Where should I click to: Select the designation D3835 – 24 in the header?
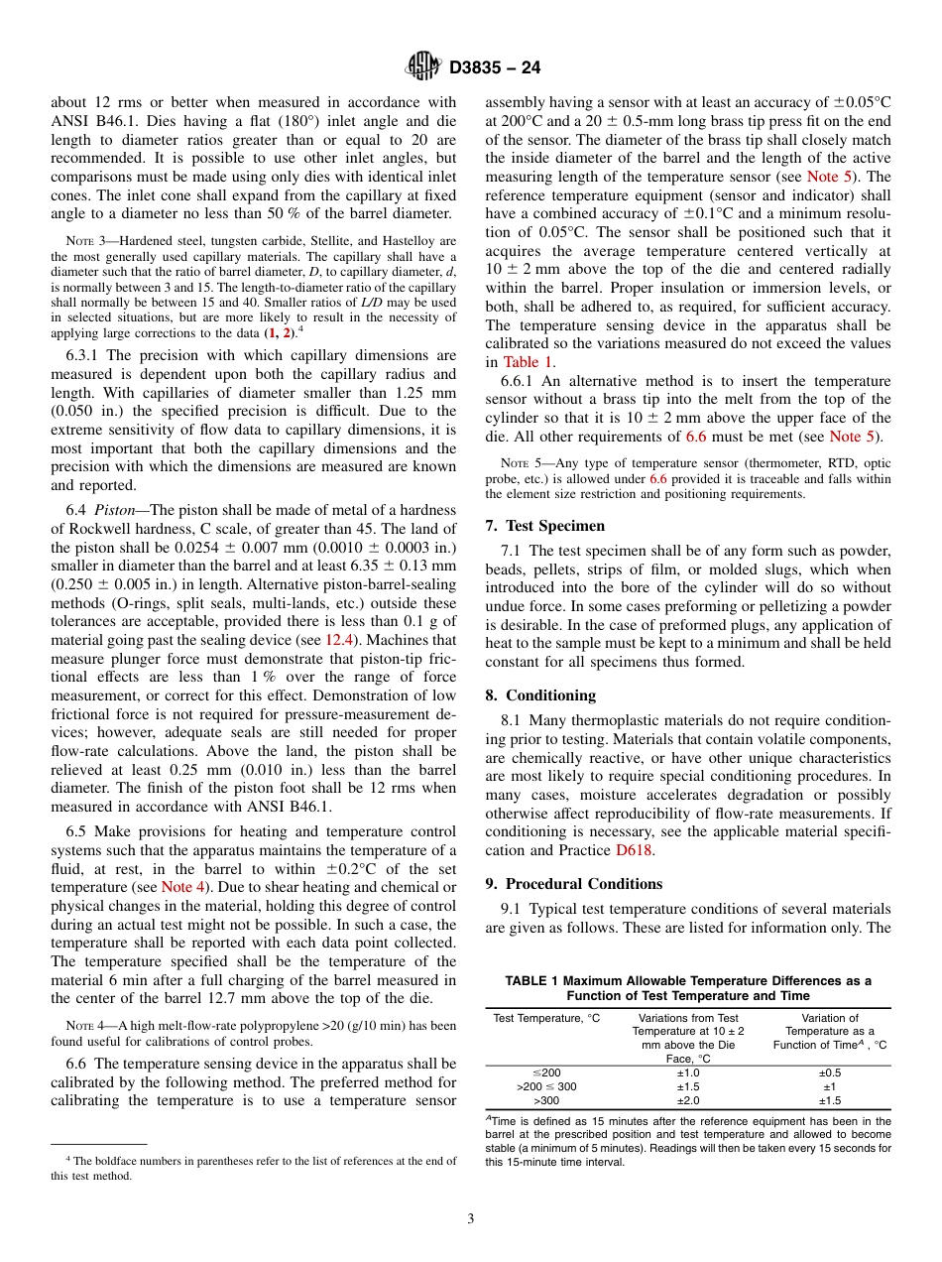point(495,68)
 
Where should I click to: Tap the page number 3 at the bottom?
point(471,1219)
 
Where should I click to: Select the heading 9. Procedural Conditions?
point(574,884)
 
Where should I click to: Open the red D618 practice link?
point(635,850)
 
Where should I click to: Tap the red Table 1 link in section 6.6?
point(529,362)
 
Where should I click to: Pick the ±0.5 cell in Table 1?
point(829,1073)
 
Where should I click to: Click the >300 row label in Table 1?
point(546,1100)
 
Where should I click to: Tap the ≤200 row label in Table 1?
point(546,1073)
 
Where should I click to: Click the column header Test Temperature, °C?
point(546,1018)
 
